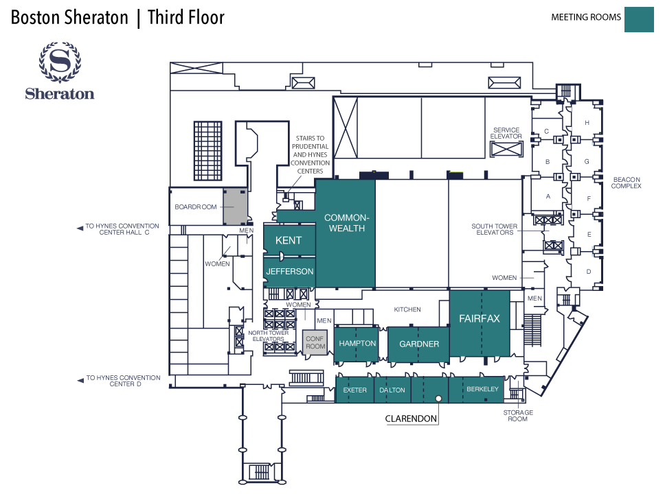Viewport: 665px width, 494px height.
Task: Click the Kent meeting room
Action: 289,240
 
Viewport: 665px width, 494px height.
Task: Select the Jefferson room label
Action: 289,272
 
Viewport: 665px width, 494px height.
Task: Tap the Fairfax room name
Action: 479,318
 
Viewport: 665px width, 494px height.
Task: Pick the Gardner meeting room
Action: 419,344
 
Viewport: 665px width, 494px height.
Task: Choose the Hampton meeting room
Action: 357,343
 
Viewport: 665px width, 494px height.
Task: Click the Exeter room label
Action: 355,390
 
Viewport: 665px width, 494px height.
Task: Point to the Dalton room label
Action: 392,390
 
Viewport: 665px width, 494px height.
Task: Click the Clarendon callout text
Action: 412,418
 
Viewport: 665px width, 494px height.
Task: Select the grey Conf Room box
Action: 315,342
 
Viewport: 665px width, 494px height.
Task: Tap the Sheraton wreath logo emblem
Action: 60,63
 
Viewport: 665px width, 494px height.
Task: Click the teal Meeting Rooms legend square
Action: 638,19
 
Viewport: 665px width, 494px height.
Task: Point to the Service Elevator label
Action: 506,133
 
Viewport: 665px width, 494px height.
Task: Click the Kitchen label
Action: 407,309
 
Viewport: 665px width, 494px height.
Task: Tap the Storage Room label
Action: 517,415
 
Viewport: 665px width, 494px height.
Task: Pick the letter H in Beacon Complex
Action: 587,123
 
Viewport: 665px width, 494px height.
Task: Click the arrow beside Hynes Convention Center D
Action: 80,378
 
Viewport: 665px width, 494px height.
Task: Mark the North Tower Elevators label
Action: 268,336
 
